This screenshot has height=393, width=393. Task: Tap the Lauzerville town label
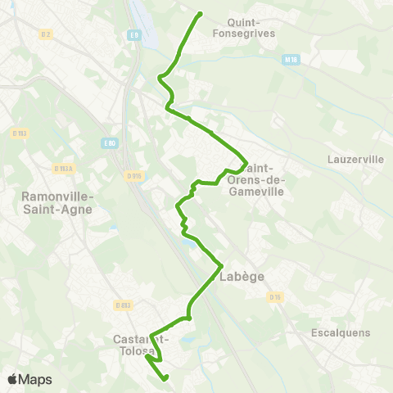(x=355, y=159)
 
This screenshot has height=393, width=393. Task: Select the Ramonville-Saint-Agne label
(x=56, y=202)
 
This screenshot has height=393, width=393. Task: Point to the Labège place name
(x=242, y=277)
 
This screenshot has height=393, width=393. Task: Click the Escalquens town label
(x=341, y=332)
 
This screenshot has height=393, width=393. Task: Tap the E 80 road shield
(x=111, y=143)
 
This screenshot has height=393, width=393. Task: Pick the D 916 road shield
(x=134, y=174)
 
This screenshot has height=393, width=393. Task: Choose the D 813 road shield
(x=124, y=305)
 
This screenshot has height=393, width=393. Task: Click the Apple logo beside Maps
(x=13, y=379)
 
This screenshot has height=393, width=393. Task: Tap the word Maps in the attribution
(x=36, y=379)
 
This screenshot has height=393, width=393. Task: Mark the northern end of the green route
(x=201, y=13)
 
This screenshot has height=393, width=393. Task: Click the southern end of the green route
(x=166, y=378)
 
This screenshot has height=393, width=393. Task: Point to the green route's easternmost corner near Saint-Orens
(x=246, y=160)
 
